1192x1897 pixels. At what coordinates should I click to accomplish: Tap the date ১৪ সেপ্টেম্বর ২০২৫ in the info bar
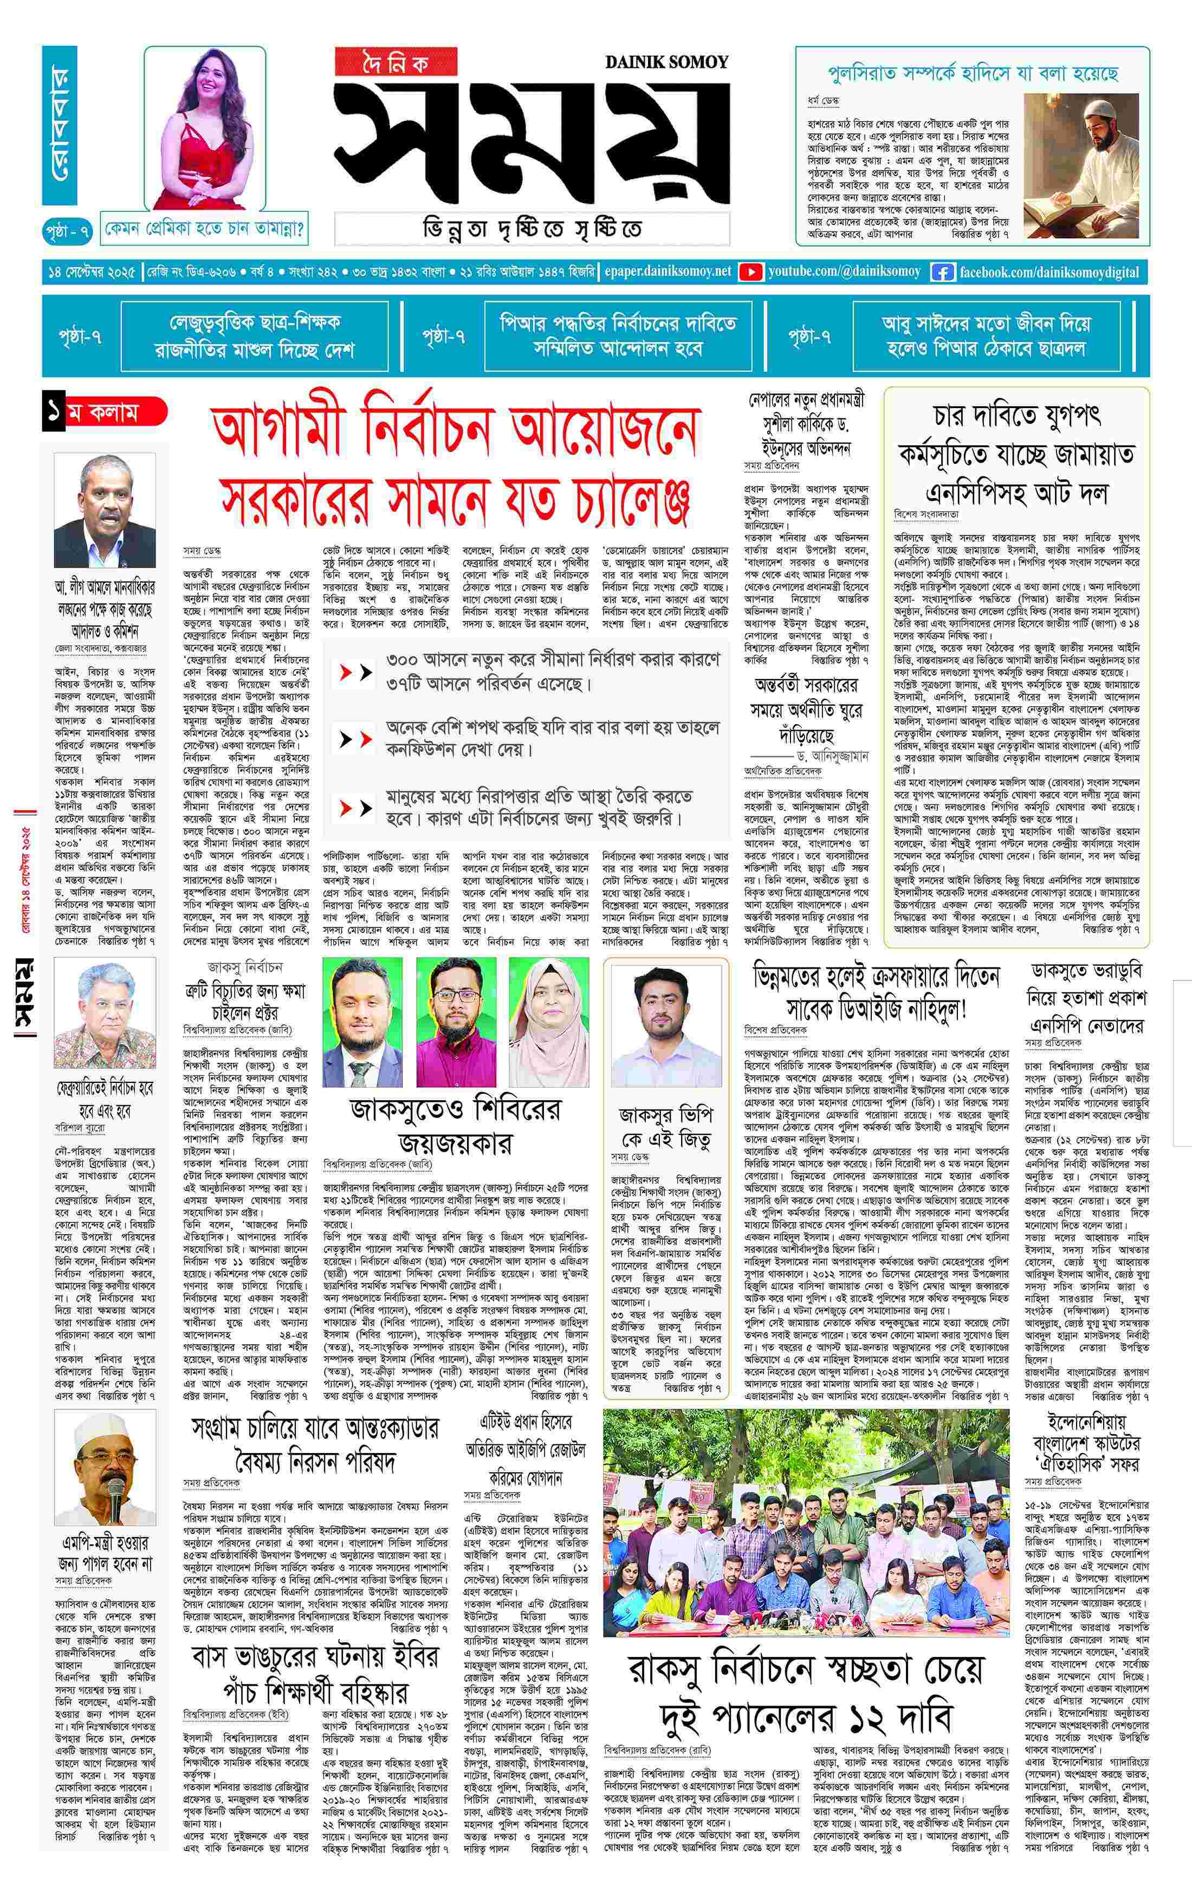93,272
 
